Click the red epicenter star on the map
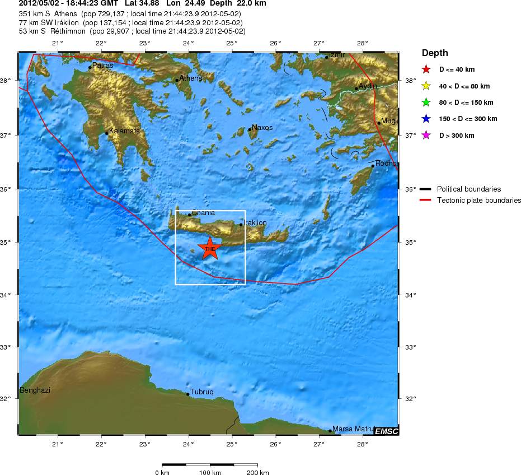click(x=210, y=248)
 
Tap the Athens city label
click(x=190, y=78)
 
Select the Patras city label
click(x=103, y=66)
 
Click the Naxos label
click(x=262, y=128)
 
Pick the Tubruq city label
click(x=202, y=392)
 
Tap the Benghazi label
click(x=35, y=390)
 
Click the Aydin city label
click(x=368, y=86)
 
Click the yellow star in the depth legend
click(x=426, y=86)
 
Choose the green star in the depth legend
click(x=426, y=103)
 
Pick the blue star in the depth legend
click(x=426, y=119)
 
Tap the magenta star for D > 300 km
click(x=426, y=136)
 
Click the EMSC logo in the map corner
click(x=386, y=431)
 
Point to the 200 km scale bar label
click(x=257, y=473)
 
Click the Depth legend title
click(x=435, y=53)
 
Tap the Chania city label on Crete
click(x=203, y=213)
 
